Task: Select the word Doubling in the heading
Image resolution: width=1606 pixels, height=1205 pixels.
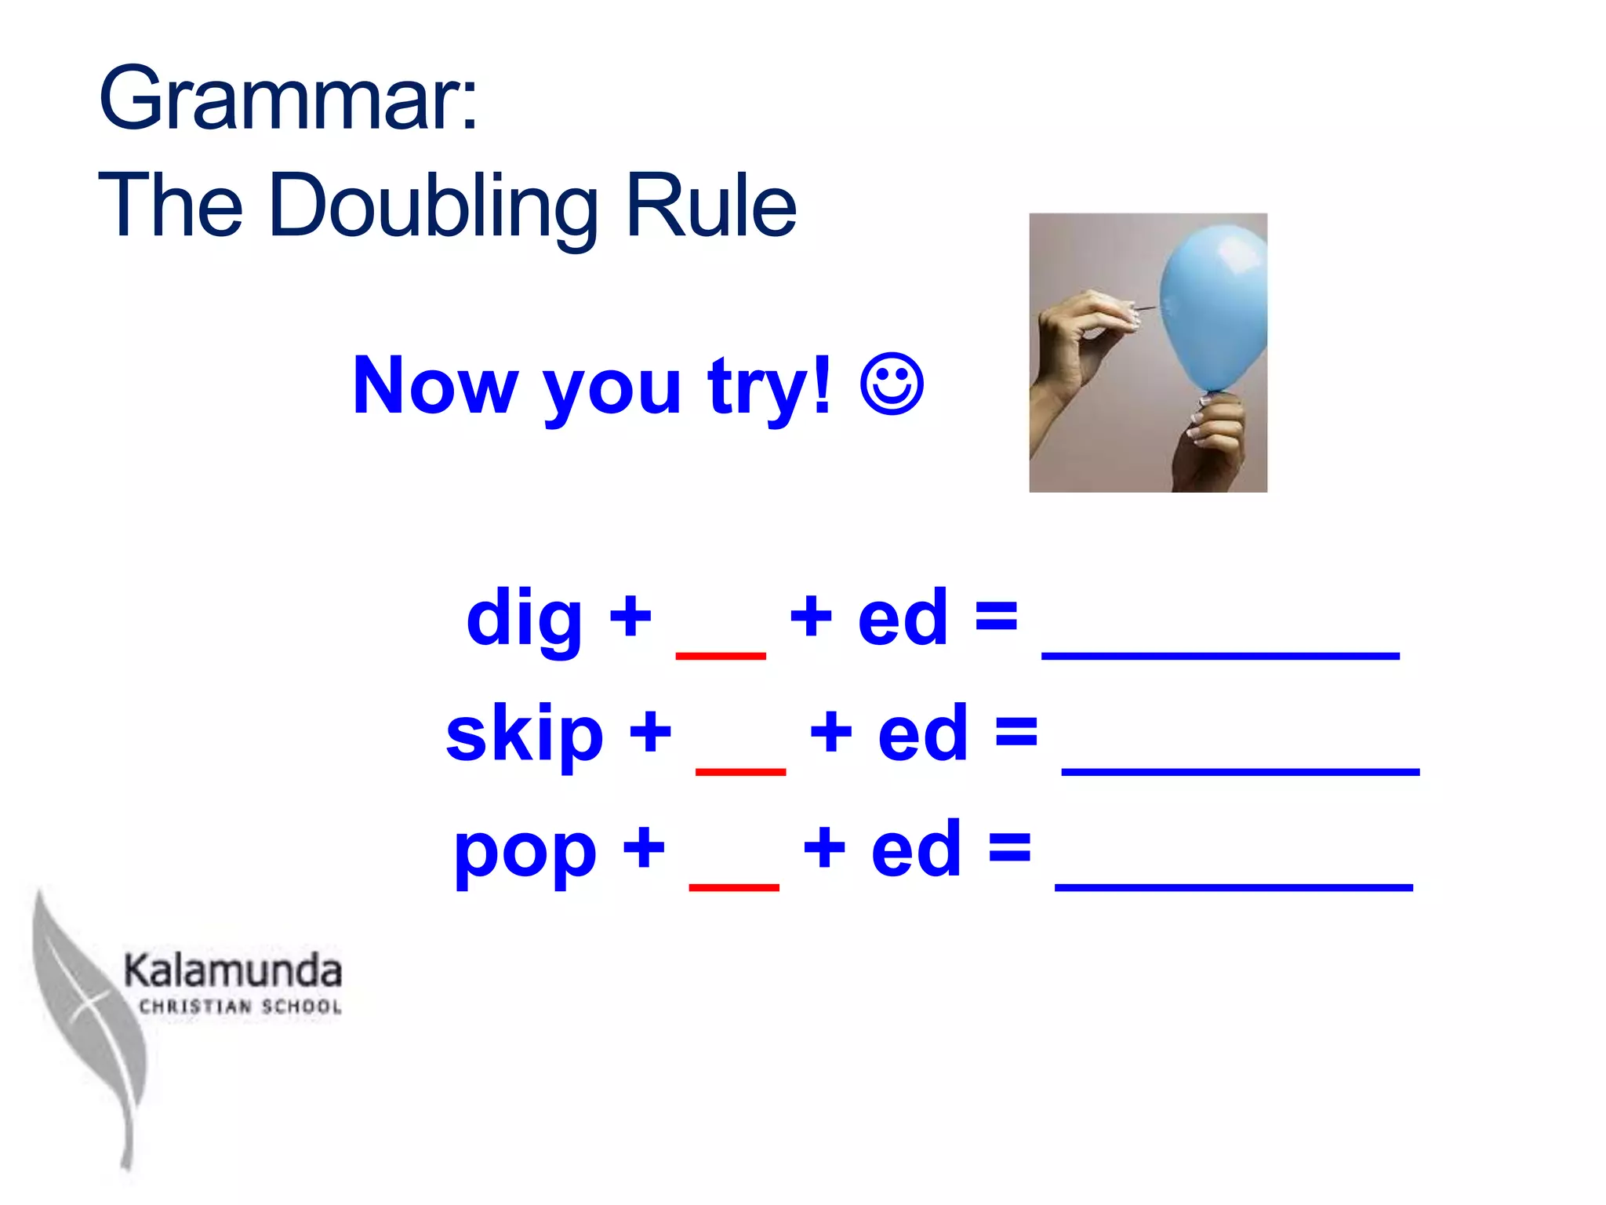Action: point(434,206)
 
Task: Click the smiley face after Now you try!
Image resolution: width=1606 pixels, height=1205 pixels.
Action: point(892,384)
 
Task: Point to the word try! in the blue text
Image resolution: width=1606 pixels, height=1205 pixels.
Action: point(768,385)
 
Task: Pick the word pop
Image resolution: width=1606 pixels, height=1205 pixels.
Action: point(525,850)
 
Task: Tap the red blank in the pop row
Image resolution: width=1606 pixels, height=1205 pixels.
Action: point(734,886)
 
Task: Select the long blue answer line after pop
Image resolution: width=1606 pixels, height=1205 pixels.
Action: point(1234,886)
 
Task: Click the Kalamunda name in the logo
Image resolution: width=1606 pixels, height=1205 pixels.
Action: point(233,971)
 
